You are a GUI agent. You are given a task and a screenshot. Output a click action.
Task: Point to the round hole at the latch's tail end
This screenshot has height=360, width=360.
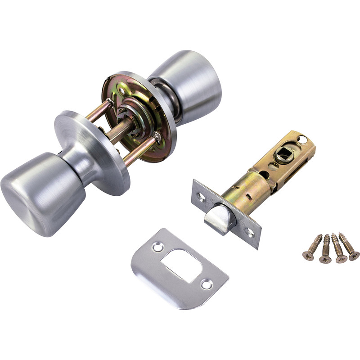302,139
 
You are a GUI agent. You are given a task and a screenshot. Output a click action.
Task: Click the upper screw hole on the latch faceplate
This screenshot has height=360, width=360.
201,196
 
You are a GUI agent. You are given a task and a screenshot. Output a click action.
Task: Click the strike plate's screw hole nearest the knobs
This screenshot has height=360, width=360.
157,247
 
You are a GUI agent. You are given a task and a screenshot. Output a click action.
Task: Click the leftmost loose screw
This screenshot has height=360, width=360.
311,247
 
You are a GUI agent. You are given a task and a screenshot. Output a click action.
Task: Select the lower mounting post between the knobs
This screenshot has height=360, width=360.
139,151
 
